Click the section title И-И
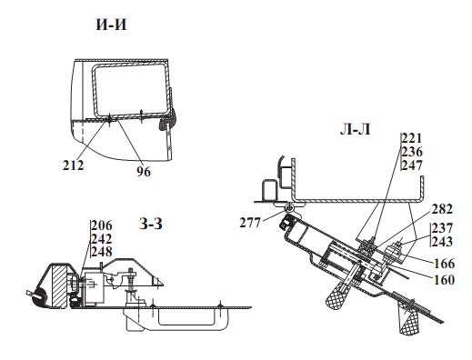(111, 25)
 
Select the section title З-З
(151, 224)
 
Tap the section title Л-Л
(356, 130)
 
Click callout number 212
(73, 165)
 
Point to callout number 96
(144, 172)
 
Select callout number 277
(250, 223)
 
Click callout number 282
(442, 209)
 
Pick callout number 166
(445, 264)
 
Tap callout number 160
(445, 280)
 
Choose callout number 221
(412, 138)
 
